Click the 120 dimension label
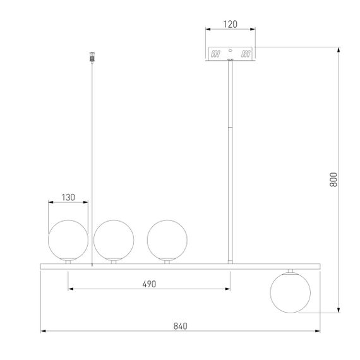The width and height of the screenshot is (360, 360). (231, 24)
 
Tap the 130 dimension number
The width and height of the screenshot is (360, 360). (68, 198)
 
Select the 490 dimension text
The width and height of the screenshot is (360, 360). (149, 284)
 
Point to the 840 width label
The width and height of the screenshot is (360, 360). (180, 327)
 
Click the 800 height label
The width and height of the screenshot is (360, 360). (333, 179)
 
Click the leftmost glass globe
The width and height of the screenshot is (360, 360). (68, 240)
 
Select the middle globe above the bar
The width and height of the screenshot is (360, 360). (114, 240)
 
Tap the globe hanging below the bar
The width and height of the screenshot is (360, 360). (291, 292)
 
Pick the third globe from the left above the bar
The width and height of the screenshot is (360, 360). (167, 240)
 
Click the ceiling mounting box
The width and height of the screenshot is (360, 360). (231, 54)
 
